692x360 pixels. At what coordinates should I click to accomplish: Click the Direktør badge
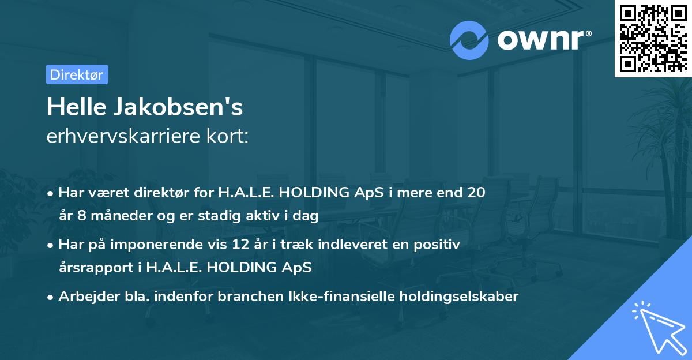click(x=77, y=74)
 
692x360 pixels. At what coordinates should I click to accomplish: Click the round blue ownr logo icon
click(x=469, y=40)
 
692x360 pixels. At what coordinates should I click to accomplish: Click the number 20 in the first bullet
click(x=476, y=193)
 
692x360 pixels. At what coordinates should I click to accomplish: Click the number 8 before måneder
click(x=77, y=216)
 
